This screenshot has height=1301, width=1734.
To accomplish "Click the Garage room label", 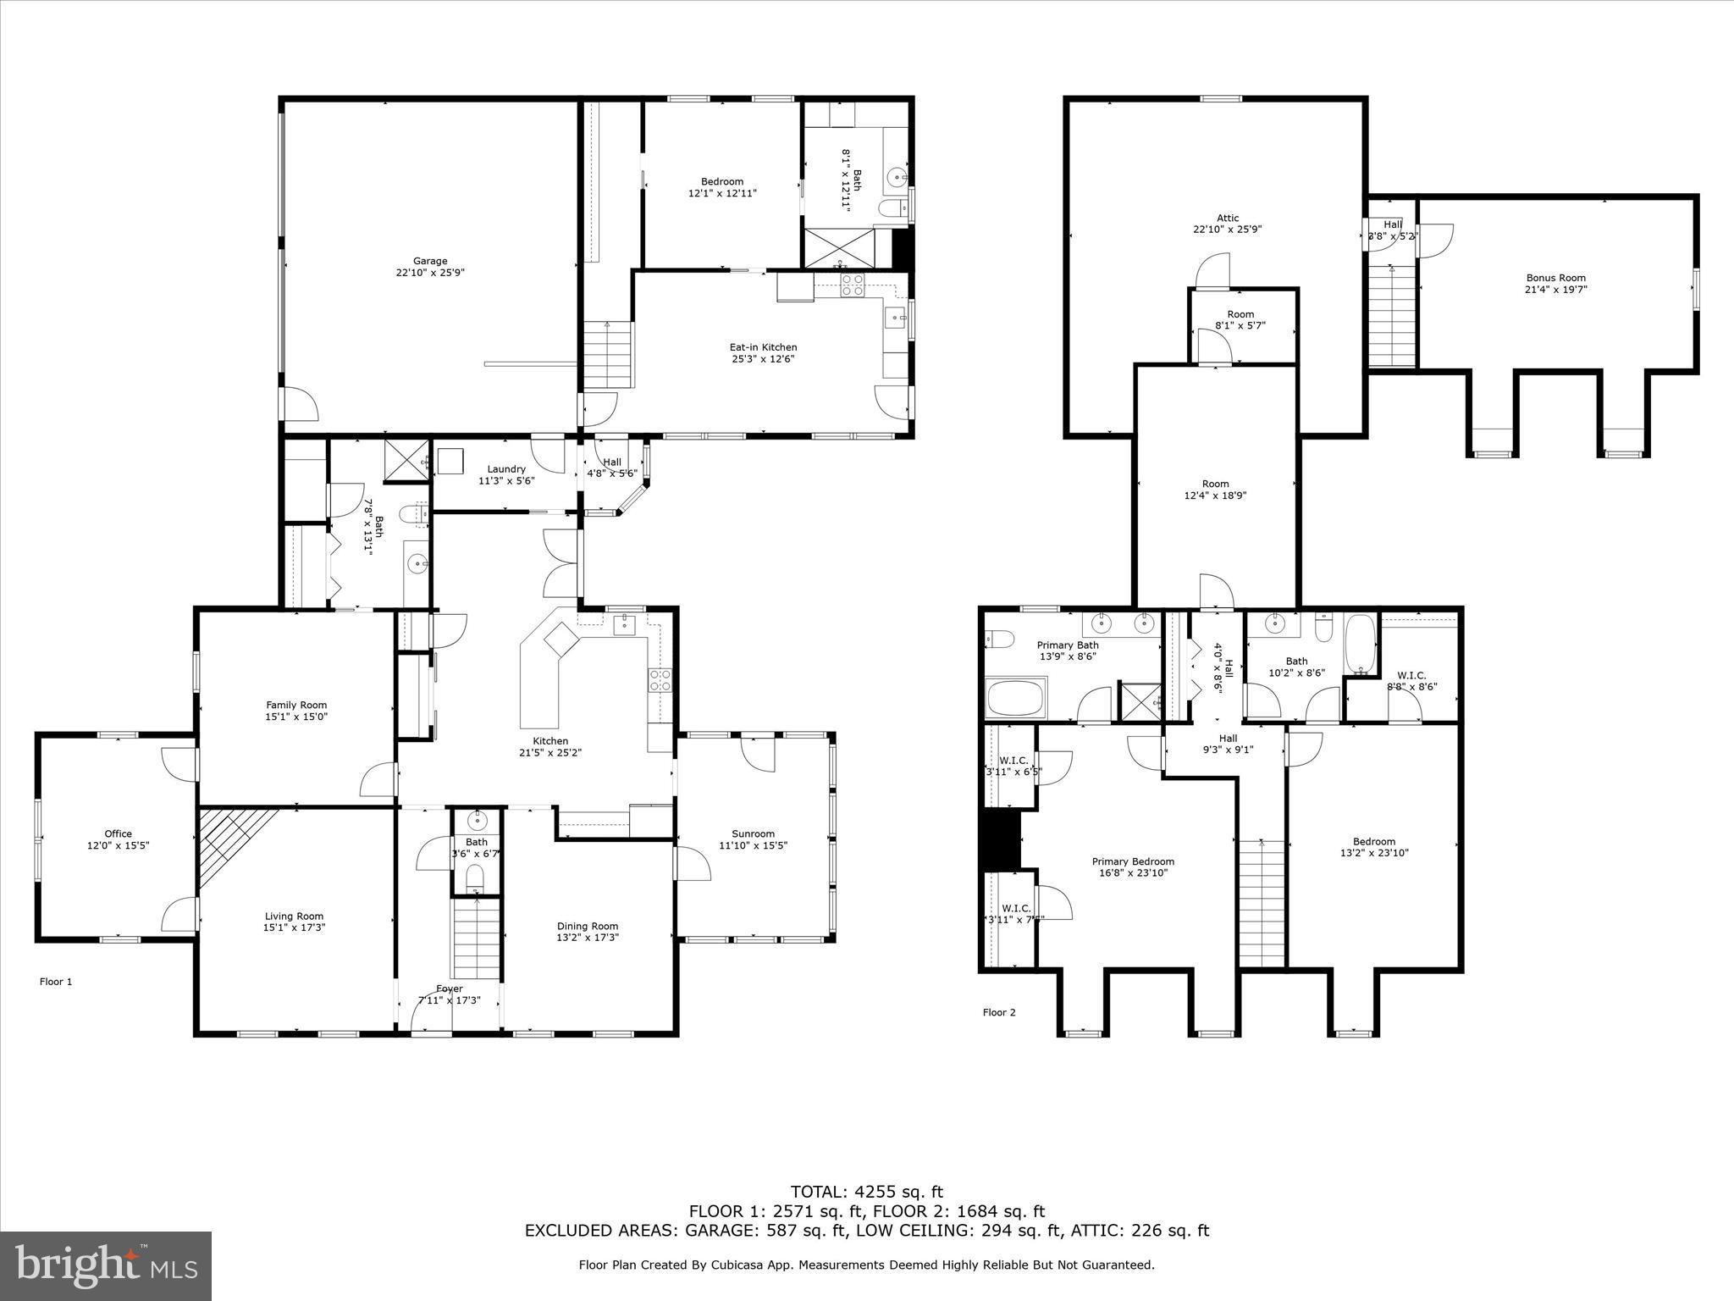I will (x=430, y=261).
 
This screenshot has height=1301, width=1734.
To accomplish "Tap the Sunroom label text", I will (x=753, y=833).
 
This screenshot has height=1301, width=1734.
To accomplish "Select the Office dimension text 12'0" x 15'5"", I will (x=119, y=845).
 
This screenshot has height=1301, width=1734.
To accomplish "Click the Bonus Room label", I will (x=1555, y=278).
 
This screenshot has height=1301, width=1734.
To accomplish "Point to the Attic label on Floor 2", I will (x=1227, y=218).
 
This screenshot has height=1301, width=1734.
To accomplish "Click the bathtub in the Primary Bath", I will (x=1016, y=698).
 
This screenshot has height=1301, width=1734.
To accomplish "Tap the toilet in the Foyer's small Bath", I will (x=476, y=876).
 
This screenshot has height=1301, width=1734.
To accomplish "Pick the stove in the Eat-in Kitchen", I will (x=852, y=285).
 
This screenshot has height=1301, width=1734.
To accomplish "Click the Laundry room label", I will (x=506, y=469).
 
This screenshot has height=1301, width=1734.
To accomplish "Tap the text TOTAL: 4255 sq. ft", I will (x=866, y=1193).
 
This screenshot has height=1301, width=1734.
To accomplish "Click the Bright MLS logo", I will (x=106, y=1265).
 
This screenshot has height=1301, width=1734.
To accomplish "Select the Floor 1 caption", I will (x=56, y=982).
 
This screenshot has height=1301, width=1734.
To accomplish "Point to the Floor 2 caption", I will (x=999, y=1012).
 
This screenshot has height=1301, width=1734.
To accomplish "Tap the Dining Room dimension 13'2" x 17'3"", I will (x=588, y=938).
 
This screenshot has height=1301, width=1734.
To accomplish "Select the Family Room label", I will (x=296, y=705).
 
